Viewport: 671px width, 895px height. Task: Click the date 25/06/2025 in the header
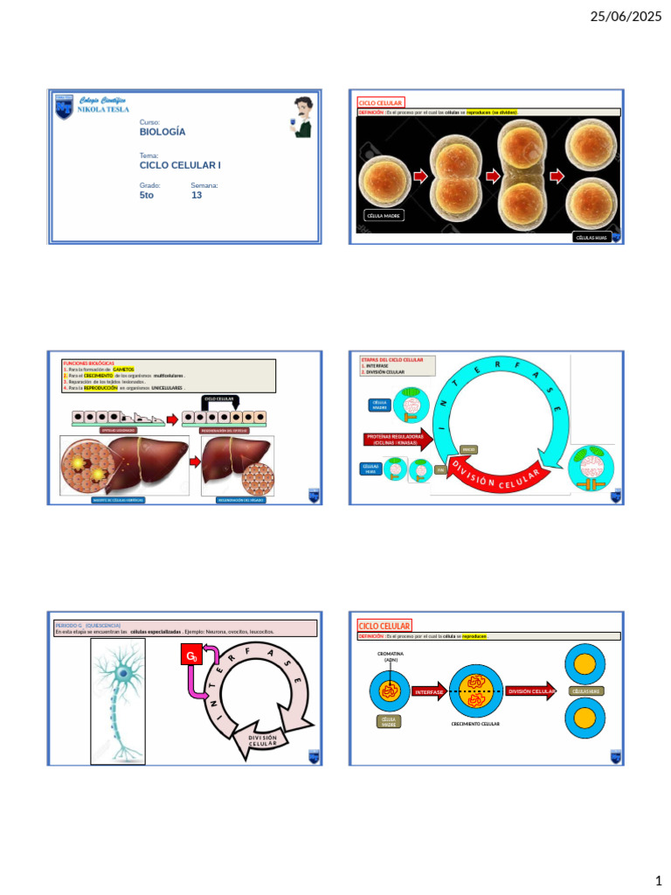click(x=627, y=17)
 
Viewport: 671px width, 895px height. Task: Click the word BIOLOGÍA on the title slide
click(x=163, y=132)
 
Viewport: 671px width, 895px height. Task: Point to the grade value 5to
click(x=147, y=196)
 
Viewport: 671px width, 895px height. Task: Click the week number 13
click(x=197, y=196)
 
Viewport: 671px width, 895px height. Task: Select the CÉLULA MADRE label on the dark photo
click(x=384, y=215)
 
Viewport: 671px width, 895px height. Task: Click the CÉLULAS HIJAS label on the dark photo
click(x=591, y=237)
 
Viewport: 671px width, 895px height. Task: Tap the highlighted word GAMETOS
click(x=123, y=370)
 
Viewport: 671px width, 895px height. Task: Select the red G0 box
click(x=191, y=656)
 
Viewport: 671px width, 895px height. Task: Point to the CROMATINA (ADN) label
click(x=390, y=656)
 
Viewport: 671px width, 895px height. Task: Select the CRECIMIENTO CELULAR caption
click(x=475, y=725)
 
